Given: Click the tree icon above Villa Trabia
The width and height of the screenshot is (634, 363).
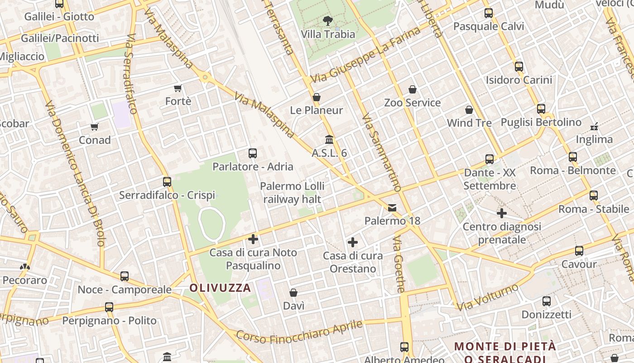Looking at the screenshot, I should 327,20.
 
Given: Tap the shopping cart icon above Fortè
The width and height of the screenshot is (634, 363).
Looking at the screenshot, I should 178,88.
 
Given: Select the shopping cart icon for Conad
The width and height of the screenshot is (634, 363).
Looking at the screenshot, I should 94,127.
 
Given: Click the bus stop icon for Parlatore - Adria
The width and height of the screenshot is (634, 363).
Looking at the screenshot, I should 253,153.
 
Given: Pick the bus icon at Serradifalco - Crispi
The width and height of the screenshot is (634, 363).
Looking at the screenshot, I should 167,182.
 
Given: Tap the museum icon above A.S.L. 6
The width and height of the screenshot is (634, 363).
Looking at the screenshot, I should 329,140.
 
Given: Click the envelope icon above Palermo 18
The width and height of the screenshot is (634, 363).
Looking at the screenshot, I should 392,208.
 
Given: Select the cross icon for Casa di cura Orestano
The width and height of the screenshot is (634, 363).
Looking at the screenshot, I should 353,242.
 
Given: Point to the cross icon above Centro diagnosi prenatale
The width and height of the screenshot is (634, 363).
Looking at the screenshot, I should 502,213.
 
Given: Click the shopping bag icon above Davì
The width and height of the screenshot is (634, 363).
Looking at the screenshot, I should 293,293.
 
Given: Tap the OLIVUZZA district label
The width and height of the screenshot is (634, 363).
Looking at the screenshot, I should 220,288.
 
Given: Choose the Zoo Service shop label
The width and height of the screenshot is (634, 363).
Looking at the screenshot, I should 412,103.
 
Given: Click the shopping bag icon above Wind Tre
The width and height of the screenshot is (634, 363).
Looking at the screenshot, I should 469,110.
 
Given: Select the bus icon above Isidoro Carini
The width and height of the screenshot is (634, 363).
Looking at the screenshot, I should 519,67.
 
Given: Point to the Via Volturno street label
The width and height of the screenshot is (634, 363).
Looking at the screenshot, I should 487,298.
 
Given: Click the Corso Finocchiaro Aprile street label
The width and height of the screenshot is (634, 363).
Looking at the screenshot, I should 299,333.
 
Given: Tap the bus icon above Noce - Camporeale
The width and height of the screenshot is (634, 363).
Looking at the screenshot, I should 125,276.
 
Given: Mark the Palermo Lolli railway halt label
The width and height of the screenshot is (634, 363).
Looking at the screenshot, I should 292,193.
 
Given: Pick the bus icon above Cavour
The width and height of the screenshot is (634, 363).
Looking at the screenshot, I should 579,251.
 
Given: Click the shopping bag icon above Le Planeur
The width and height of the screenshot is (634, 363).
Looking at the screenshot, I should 317,97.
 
